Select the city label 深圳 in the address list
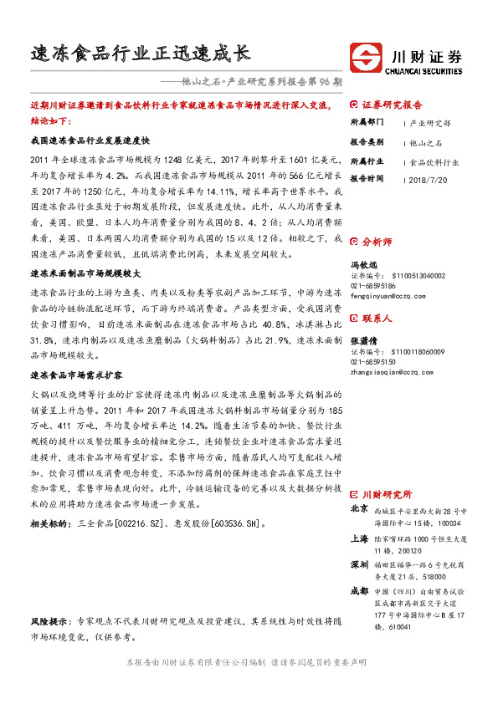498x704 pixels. [x=358, y=564]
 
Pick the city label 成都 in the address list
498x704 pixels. [x=358, y=590]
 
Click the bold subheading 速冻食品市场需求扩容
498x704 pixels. [x=76, y=352]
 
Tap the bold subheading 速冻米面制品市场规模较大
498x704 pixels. [x=85, y=273]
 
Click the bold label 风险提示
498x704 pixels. [x=49, y=622]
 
